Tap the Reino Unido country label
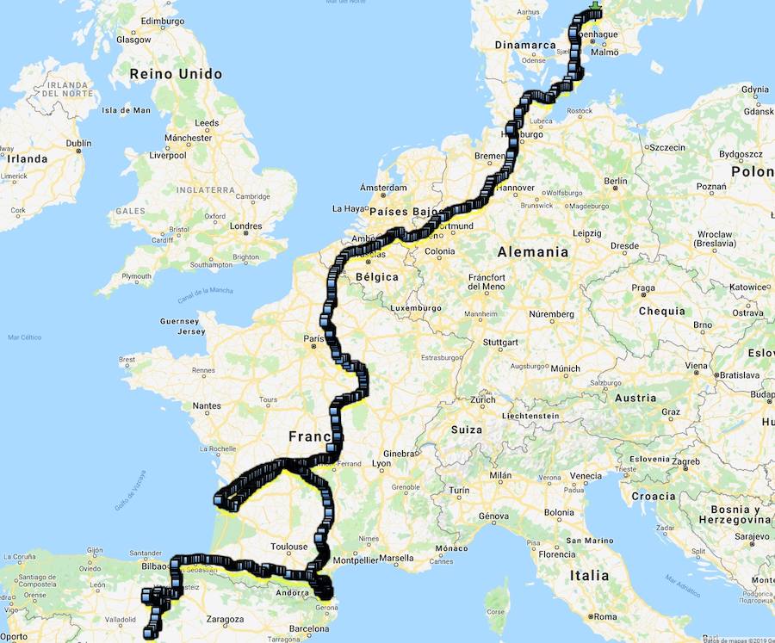176,74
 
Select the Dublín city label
77,144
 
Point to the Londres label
245,227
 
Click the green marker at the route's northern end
593,10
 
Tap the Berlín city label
616,181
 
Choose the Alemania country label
533,252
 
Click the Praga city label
643,288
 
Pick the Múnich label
565,368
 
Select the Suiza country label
466,429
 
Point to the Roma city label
606,616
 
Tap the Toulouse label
289,547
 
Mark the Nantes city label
207,405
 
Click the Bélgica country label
376,277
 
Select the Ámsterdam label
383,187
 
